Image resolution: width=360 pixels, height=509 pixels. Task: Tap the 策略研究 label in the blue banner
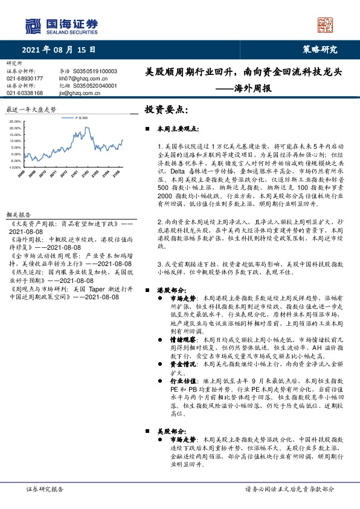coord(320,50)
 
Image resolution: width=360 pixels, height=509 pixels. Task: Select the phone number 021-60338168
coord(25,93)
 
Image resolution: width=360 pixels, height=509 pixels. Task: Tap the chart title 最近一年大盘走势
coord(31,110)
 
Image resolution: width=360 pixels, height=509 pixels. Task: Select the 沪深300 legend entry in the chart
coord(79,118)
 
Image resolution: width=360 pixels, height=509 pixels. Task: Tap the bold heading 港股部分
coord(169,290)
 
